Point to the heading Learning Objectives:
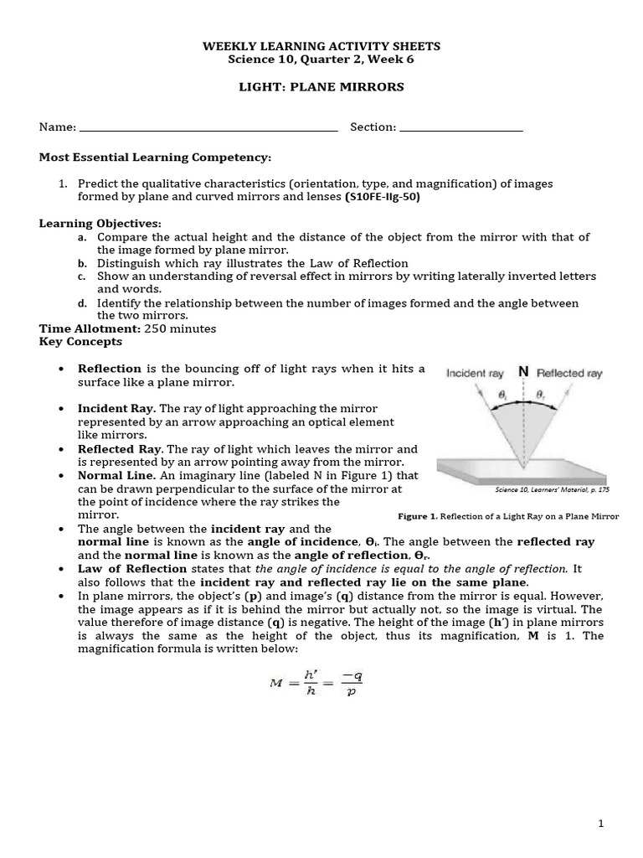tap(100, 224)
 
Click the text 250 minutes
tap(180, 328)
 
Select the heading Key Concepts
tap(80, 342)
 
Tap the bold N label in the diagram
tap(523, 371)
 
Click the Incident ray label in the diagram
tap(474, 374)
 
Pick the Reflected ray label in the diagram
tap(569, 374)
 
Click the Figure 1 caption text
tap(508, 516)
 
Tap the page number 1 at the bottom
tap(601, 824)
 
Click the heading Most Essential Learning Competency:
tap(156, 158)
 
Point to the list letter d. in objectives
tap(82, 303)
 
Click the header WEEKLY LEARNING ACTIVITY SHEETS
tap(321, 46)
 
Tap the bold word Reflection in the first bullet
tap(110, 369)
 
